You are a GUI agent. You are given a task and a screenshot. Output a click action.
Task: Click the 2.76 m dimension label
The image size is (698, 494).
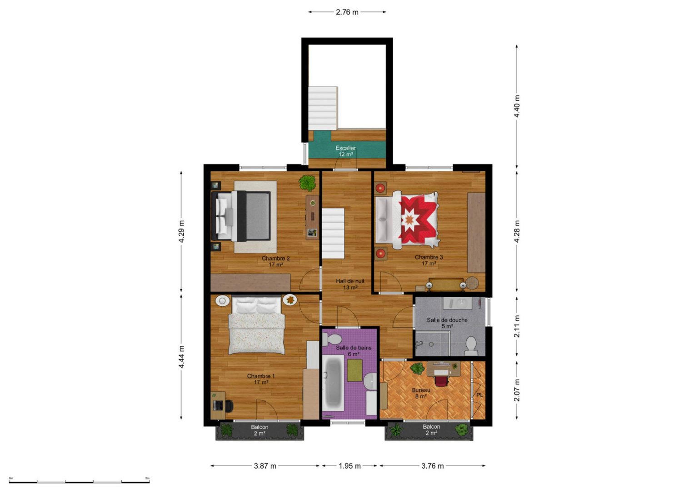(x=347, y=12)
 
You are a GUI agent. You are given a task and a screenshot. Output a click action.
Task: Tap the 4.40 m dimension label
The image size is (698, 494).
(x=517, y=106)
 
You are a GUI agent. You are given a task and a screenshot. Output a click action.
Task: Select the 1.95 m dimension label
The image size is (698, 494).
(x=349, y=466)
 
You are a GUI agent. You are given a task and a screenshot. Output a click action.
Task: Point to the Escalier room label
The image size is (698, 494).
(x=345, y=148)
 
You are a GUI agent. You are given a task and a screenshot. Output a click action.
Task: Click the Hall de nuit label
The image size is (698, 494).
(x=350, y=281)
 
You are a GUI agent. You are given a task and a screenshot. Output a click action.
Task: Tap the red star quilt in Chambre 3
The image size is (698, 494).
(x=418, y=220)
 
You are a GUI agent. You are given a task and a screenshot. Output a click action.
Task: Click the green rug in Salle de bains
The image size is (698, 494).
(x=354, y=370)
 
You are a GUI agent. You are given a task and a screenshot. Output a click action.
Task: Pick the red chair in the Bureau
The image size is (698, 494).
(x=442, y=381)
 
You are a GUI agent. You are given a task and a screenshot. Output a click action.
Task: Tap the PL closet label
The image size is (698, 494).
(x=479, y=395)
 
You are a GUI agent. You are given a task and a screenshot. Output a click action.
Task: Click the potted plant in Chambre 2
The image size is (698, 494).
(x=308, y=183)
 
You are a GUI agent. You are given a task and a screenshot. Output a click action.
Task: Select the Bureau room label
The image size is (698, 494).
(x=421, y=390)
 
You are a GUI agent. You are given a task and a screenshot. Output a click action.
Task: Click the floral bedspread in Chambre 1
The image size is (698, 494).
(x=257, y=334)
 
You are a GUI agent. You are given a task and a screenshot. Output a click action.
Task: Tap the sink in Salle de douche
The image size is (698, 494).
(x=458, y=303)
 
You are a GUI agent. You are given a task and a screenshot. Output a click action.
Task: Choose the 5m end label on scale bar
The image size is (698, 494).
(x=147, y=478)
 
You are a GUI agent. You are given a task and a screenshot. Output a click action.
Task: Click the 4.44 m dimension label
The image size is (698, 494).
(x=182, y=357)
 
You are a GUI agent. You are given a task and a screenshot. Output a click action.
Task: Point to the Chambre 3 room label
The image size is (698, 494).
(x=429, y=257)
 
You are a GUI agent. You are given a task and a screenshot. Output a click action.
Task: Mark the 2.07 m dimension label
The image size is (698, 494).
(x=517, y=390)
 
